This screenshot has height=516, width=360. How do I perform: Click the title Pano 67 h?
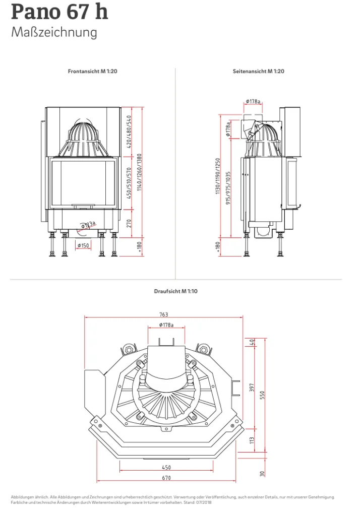tap(59, 12)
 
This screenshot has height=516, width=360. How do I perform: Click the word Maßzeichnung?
tap(54, 33)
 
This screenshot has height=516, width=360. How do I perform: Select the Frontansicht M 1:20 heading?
tap(93, 71)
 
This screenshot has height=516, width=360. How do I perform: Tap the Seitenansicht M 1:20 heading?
tap(259, 71)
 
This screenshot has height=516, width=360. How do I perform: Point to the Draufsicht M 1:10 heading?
tap(176, 291)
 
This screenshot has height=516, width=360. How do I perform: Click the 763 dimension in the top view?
tap(164, 314)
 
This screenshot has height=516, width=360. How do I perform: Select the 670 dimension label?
tap(166, 478)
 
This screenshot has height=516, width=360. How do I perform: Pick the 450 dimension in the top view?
tap(166, 467)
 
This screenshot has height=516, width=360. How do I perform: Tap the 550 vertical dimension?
tap(262, 395)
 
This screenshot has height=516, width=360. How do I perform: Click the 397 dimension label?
tap(252, 388)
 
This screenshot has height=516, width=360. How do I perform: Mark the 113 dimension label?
tap(252, 440)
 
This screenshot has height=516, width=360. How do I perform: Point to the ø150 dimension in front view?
tap(83, 245)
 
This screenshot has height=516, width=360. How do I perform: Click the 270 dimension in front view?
tap(129, 223)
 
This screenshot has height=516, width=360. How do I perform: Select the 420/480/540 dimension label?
tap(129, 132)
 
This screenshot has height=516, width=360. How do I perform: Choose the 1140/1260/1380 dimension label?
tap(139, 172)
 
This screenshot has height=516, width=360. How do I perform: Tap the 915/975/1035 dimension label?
tap(228, 188)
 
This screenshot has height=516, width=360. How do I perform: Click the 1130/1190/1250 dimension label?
tap(218, 176)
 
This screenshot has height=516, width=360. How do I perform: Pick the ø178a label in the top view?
tap(166, 325)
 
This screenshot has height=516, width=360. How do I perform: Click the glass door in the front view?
tap(83, 183)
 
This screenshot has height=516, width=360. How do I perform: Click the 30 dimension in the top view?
tap(262, 474)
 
